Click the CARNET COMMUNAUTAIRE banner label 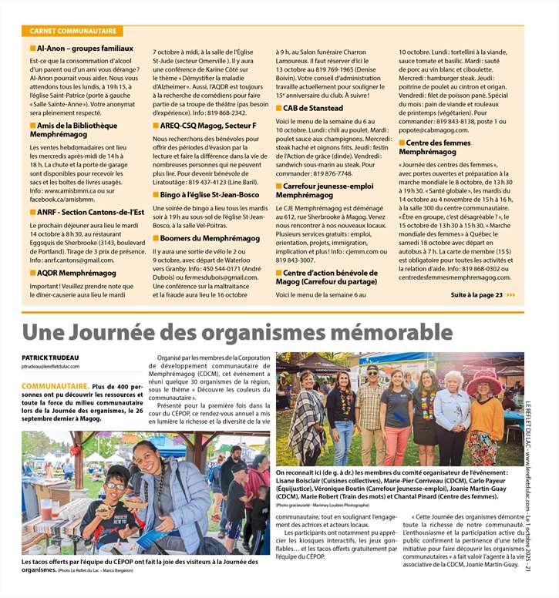coord(74,32)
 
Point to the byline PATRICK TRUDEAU coord(52,357)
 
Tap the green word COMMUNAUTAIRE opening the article coord(56,385)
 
